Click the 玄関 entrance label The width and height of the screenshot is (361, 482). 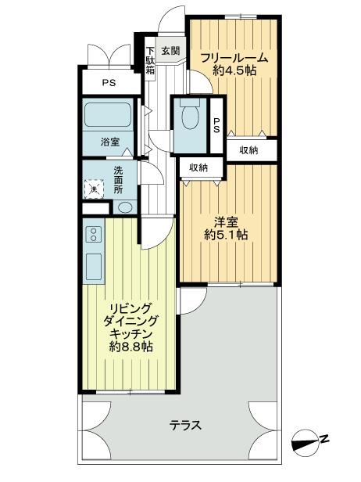[x=170, y=51]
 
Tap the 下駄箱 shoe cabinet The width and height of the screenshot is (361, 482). [x=151, y=61]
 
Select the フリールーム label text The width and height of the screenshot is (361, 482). [x=234, y=57]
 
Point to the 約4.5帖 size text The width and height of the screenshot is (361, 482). [x=234, y=70]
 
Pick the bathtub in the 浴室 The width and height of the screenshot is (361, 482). [x=110, y=117]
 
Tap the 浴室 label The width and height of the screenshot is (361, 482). [x=110, y=142]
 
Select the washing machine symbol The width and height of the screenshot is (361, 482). [x=93, y=189]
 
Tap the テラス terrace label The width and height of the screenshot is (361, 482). [x=186, y=426]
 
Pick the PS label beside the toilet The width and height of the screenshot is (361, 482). [x=217, y=125]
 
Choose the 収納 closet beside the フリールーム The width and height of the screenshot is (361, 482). [x=249, y=150]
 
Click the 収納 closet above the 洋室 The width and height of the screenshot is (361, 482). [x=198, y=167]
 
